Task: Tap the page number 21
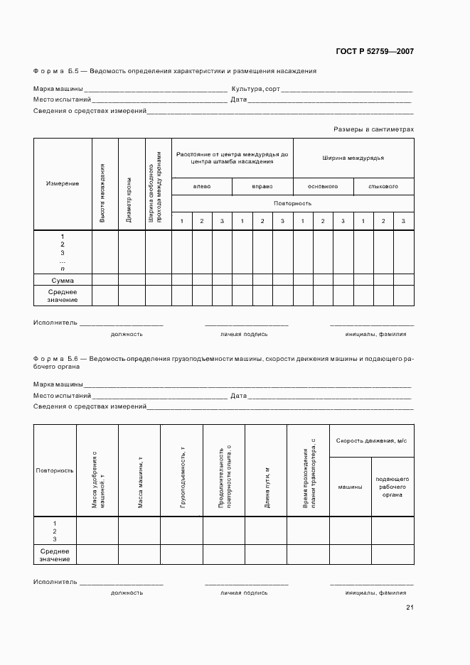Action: [x=410, y=607]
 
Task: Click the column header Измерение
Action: [x=63, y=183]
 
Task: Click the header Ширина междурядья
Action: [x=353, y=158]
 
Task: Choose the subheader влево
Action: [x=202, y=186]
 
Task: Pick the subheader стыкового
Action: [x=383, y=186]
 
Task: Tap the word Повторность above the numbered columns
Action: [x=292, y=203]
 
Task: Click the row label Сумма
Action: [x=63, y=280]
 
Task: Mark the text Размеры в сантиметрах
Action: [x=373, y=129]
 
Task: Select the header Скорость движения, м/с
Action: [x=371, y=441]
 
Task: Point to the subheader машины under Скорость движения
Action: [x=350, y=487]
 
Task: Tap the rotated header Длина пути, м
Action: [x=267, y=487]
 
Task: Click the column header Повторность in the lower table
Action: [x=55, y=470]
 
